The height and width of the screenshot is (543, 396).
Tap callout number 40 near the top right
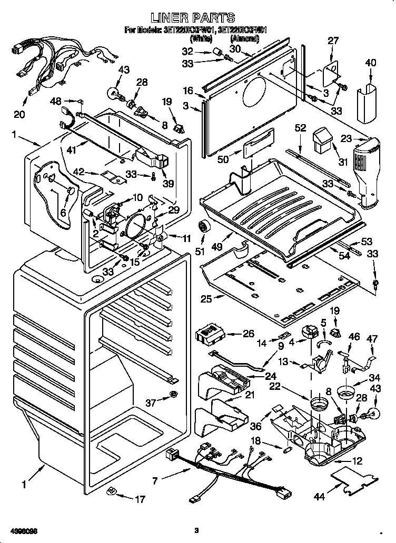coord(371,63)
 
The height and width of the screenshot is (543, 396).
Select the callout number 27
coord(333,42)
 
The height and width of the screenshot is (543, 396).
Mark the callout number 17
coord(140,499)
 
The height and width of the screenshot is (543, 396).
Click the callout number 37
coord(151,403)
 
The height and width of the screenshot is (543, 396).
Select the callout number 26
coord(248,334)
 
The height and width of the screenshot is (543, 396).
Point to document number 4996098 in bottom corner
coord(22,529)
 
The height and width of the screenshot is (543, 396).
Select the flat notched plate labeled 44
coord(356,480)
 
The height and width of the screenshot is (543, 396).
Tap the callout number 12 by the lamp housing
coord(358,461)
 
